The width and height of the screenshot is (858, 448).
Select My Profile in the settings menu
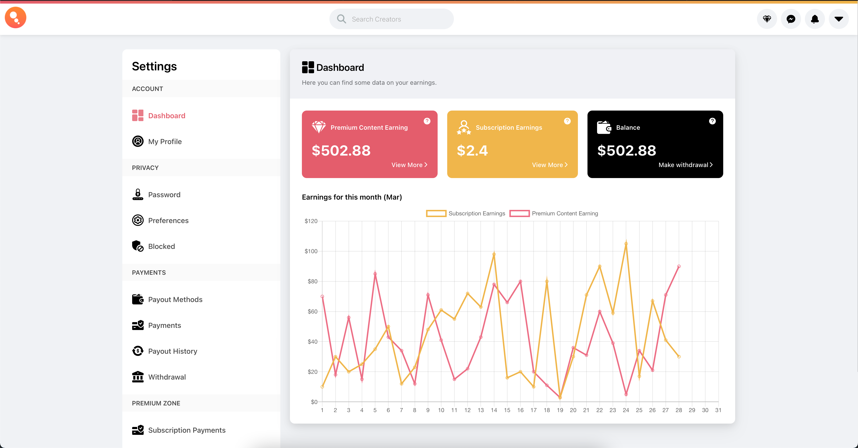pos(165,141)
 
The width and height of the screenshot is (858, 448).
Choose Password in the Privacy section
pos(164,195)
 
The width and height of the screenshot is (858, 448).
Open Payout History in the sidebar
pos(173,351)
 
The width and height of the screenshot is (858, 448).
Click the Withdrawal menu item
pos(167,377)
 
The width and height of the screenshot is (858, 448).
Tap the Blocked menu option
pos(161,246)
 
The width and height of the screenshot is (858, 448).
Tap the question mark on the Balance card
pos(712,121)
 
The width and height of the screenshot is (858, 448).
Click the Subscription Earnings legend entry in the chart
pos(466,213)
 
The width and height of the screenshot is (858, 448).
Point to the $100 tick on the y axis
pos(311,251)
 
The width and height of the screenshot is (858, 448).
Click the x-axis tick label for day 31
pos(718,410)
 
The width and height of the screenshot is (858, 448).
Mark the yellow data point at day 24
pos(626,244)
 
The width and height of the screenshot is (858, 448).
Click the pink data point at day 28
pos(679,267)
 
